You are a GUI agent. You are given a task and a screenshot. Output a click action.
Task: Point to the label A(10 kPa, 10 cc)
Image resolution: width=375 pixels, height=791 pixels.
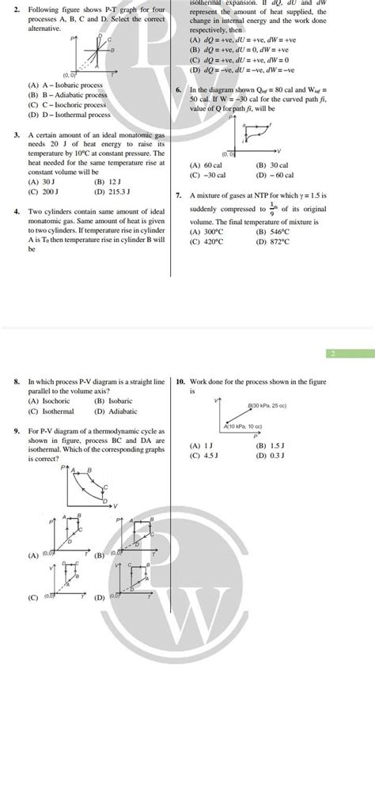coord(245,426)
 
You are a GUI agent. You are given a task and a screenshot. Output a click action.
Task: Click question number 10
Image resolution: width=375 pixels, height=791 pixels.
coord(181,381)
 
